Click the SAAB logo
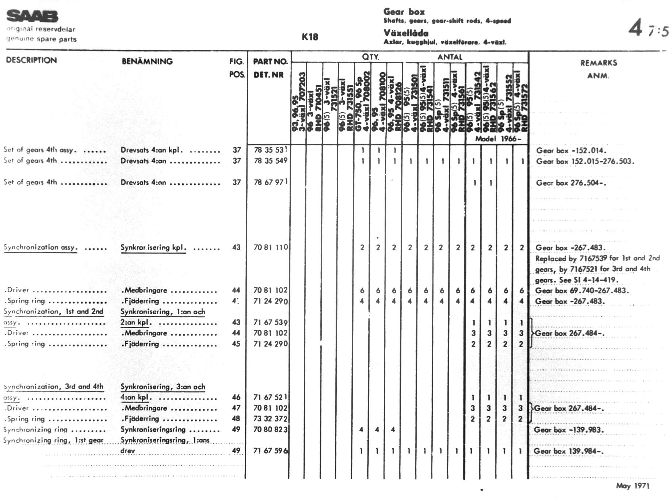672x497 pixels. (32, 16)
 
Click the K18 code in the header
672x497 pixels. (310, 37)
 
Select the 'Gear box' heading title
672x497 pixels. (404, 12)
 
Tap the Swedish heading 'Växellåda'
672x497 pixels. (406, 33)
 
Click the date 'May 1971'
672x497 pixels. (633, 485)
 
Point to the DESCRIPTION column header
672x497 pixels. (31, 60)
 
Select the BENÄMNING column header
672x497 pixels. (147, 61)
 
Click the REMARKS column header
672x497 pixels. (599, 63)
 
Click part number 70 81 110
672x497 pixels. (271, 247)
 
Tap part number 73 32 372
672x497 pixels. (271, 419)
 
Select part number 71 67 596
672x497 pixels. (271, 451)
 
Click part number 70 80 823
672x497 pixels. (271, 429)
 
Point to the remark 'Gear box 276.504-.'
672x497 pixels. (571, 183)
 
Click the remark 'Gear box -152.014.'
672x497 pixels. (571, 151)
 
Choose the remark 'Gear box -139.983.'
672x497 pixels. (569, 430)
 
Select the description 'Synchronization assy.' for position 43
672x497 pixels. (40, 247)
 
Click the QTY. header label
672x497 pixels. (370, 57)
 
